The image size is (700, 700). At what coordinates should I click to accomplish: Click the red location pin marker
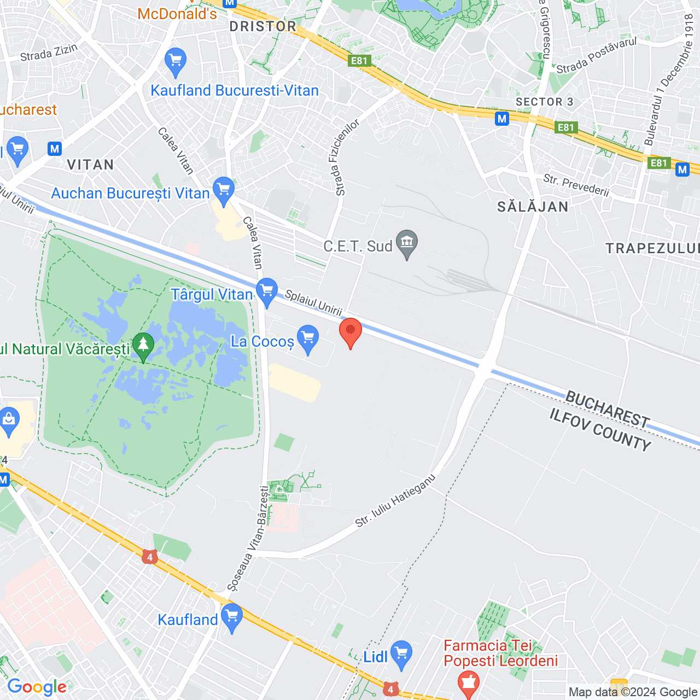tap(351, 332)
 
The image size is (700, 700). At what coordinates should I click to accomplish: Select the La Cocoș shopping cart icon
tap(308, 339)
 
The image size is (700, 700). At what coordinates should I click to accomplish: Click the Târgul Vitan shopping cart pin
tap(267, 291)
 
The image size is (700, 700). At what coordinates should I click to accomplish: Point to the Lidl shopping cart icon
tap(401, 654)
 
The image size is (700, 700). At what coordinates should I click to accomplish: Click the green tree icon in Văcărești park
tap(143, 346)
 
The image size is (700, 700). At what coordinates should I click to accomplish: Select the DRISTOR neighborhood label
tap(262, 26)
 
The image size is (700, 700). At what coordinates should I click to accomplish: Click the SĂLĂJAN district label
tap(533, 207)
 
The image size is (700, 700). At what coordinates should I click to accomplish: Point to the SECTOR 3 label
tap(544, 102)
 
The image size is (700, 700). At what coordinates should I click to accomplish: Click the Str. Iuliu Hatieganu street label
tap(395, 500)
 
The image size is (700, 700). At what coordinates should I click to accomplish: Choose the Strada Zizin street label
tap(49, 52)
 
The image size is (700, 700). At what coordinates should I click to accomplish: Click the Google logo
tap(37, 687)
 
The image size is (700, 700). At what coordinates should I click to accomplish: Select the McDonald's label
tap(177, 14)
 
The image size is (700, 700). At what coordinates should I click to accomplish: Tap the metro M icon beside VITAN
tap(55, 149)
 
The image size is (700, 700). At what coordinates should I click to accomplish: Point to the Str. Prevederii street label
tap(576, 185)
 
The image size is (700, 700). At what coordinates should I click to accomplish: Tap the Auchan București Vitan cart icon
tap(224, 190)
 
